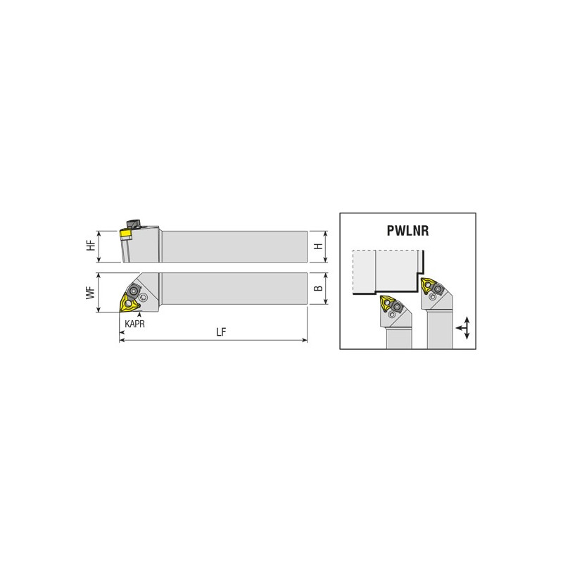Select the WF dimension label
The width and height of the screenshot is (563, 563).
91,293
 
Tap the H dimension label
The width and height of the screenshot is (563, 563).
319,246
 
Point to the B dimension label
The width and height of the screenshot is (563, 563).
319,288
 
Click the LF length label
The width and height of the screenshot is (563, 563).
221,332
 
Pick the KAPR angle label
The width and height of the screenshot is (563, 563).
134,324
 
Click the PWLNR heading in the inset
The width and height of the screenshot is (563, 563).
407,231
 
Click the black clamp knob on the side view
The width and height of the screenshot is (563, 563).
133,224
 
